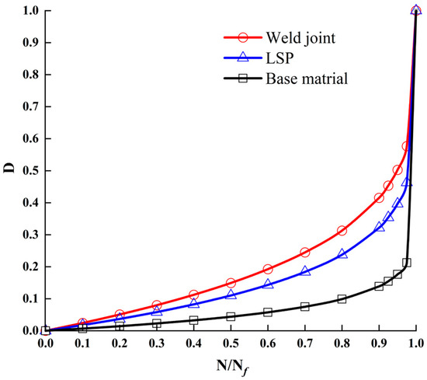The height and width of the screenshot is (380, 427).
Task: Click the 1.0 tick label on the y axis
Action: pos(29,10)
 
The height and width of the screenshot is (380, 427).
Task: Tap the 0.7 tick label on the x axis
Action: pos(305,343)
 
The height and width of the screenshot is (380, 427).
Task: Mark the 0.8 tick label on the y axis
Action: pos(29,75)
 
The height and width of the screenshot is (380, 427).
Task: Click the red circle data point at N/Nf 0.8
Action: pos(342,231)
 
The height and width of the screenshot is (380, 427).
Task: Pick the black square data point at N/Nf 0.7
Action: pos(305,306)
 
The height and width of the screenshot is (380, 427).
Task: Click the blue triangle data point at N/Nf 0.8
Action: pos(342,254)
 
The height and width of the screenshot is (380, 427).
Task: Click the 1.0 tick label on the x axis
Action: pos(416,343)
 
